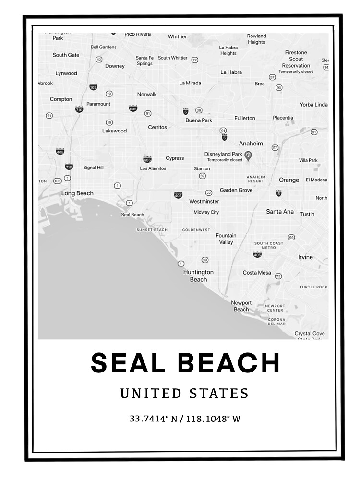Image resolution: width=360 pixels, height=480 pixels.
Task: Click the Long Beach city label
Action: (x=77, y=193)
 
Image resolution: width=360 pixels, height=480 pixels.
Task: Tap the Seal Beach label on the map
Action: (x=132, y=215)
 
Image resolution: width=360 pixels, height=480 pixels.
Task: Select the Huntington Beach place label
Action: (x=198, y=276)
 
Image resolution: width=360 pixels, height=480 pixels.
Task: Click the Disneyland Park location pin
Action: (x=248, y=155)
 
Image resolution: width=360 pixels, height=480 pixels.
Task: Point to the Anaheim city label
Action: (x=251, y=144)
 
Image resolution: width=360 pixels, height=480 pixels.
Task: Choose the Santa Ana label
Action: (x=280, y=211)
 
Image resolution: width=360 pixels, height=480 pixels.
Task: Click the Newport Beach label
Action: (x=241, y=306)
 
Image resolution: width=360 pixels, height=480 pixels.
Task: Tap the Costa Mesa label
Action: (x=257, y=273)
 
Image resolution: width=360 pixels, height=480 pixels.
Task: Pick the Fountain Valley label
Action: (x=226, y=239)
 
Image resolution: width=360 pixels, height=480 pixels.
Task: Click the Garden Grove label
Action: (x=236, y=190)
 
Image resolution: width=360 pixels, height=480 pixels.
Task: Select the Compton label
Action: (x=61, y=99)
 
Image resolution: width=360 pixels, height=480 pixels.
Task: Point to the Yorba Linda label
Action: (x=313, y=105)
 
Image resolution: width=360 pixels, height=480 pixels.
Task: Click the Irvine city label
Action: (x=305, y=257)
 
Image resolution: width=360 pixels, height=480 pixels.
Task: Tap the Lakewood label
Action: (x=114, y=131)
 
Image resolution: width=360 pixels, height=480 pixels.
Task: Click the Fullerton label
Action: (x=245, y=118)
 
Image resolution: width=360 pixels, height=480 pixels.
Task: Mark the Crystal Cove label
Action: (x=310, y=333)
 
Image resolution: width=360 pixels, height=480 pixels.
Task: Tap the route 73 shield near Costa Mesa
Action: (x=278, y=276)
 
